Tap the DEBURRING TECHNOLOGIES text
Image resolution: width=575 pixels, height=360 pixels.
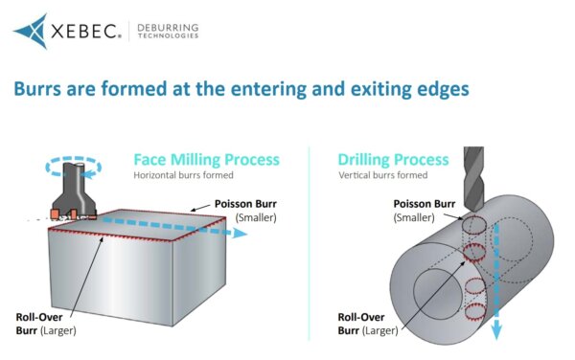167,32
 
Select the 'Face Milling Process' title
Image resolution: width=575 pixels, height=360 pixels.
206,159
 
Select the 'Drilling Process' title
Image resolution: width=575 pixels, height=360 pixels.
393,159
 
